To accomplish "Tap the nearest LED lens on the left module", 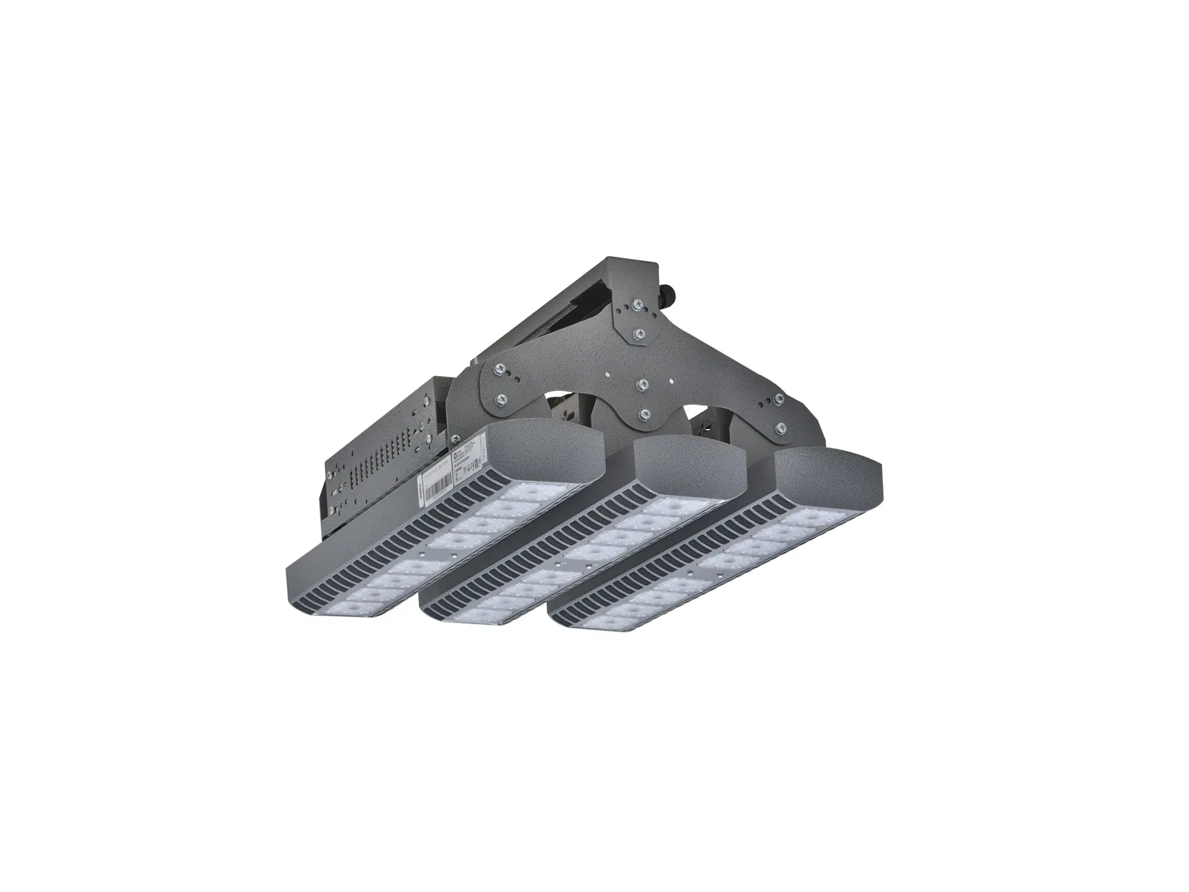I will [348, 608].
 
